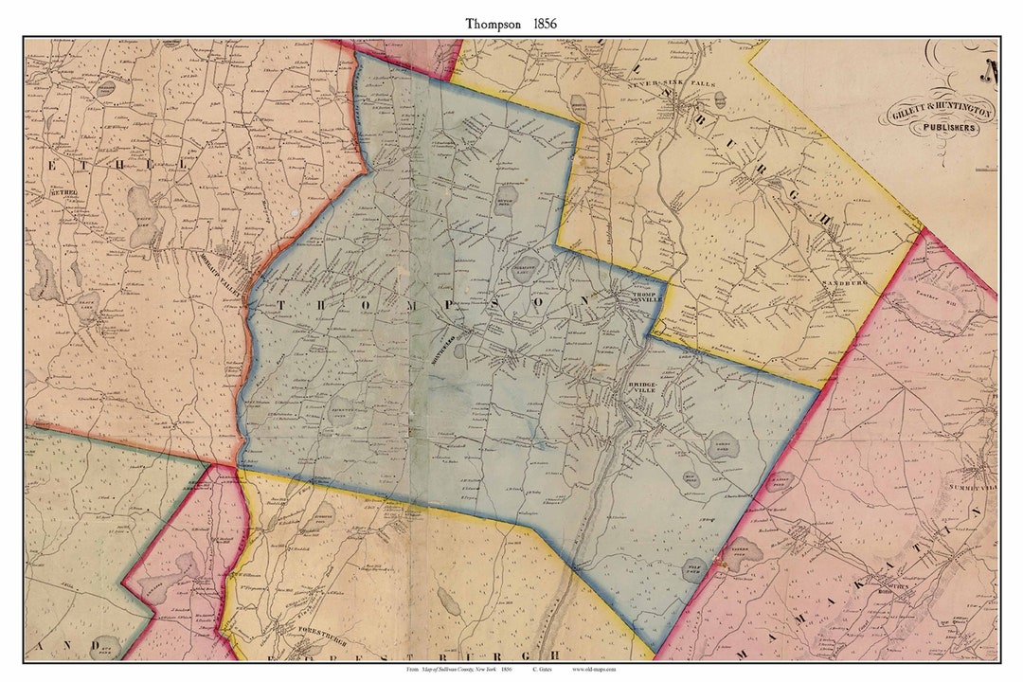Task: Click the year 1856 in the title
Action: [x=540, y=23]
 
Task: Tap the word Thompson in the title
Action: [x=492, y=23]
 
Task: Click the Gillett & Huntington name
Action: [x=941, y=113]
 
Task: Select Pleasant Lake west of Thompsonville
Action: [x=527, y=268]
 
